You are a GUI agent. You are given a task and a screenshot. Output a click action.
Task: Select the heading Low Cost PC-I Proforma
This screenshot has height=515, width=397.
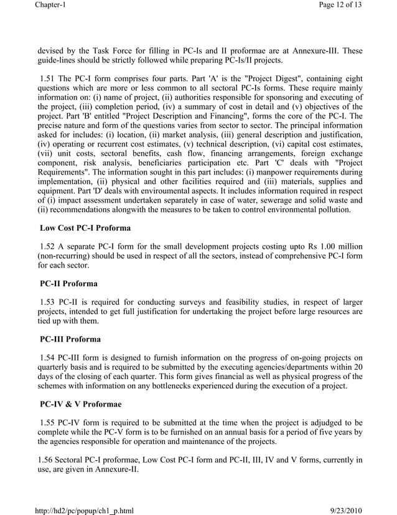(x=85, y=228)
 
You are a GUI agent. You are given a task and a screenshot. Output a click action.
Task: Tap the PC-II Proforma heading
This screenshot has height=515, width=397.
(x=68, y=284)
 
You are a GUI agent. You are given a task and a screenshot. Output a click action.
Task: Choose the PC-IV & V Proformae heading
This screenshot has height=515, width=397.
(x=81, y=405)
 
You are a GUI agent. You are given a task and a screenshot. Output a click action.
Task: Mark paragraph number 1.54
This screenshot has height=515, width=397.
(x=49, y=358)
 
